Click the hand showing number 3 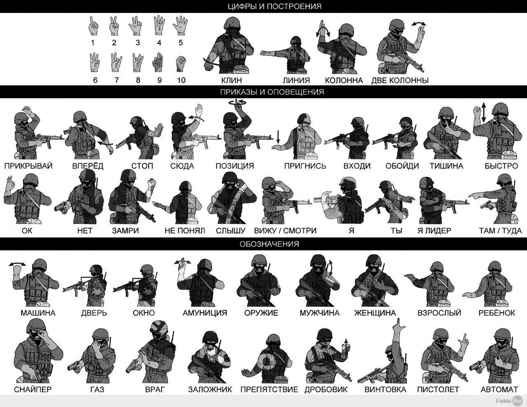click(135, 26)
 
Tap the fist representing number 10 click(181, 64)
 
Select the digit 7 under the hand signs click(117, 80)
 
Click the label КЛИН click(231, 80)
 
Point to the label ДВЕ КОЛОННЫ click(400, 80)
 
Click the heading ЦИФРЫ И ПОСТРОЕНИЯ click(275, 6)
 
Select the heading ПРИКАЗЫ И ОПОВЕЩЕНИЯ click(272, 92)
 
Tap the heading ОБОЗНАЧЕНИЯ click(269, 244)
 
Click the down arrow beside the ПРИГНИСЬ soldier click(278, 137)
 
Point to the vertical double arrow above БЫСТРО click(484, 112)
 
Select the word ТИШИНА click(446, 166)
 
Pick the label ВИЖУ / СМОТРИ click(285, 230)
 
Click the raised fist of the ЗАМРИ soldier click(152, 184)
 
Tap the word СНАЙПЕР click(33, 389)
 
